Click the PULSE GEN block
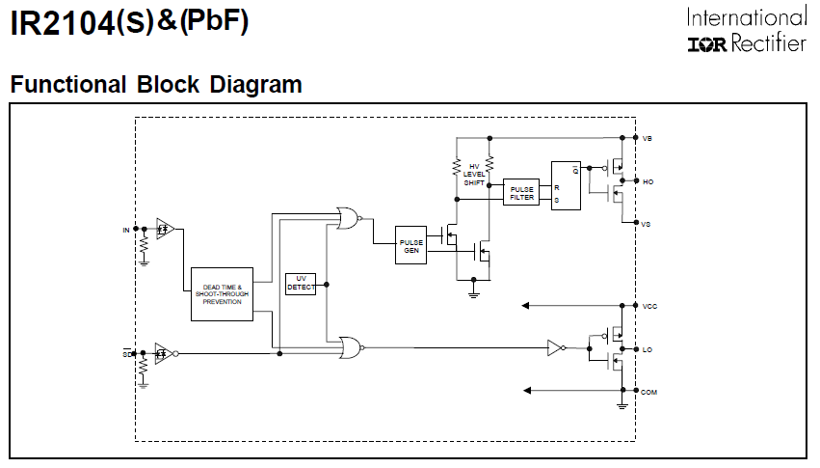(410, 245)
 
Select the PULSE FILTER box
(521, 192)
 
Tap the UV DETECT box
(301, 284)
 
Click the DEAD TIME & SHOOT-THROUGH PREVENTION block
(222, 294)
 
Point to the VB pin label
(647, 138)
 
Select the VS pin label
(647, 223)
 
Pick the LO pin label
(647, 348)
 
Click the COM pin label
(648, 391)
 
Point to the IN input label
(125, 230)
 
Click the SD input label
(125, 354)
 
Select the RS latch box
(566, 185)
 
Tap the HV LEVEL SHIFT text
(474, 174)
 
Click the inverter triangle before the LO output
(555, 347)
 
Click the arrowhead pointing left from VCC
(526, 306)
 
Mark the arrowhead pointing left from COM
(526, 391)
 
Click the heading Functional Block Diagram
(156, 85)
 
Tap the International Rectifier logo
(747, 31)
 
